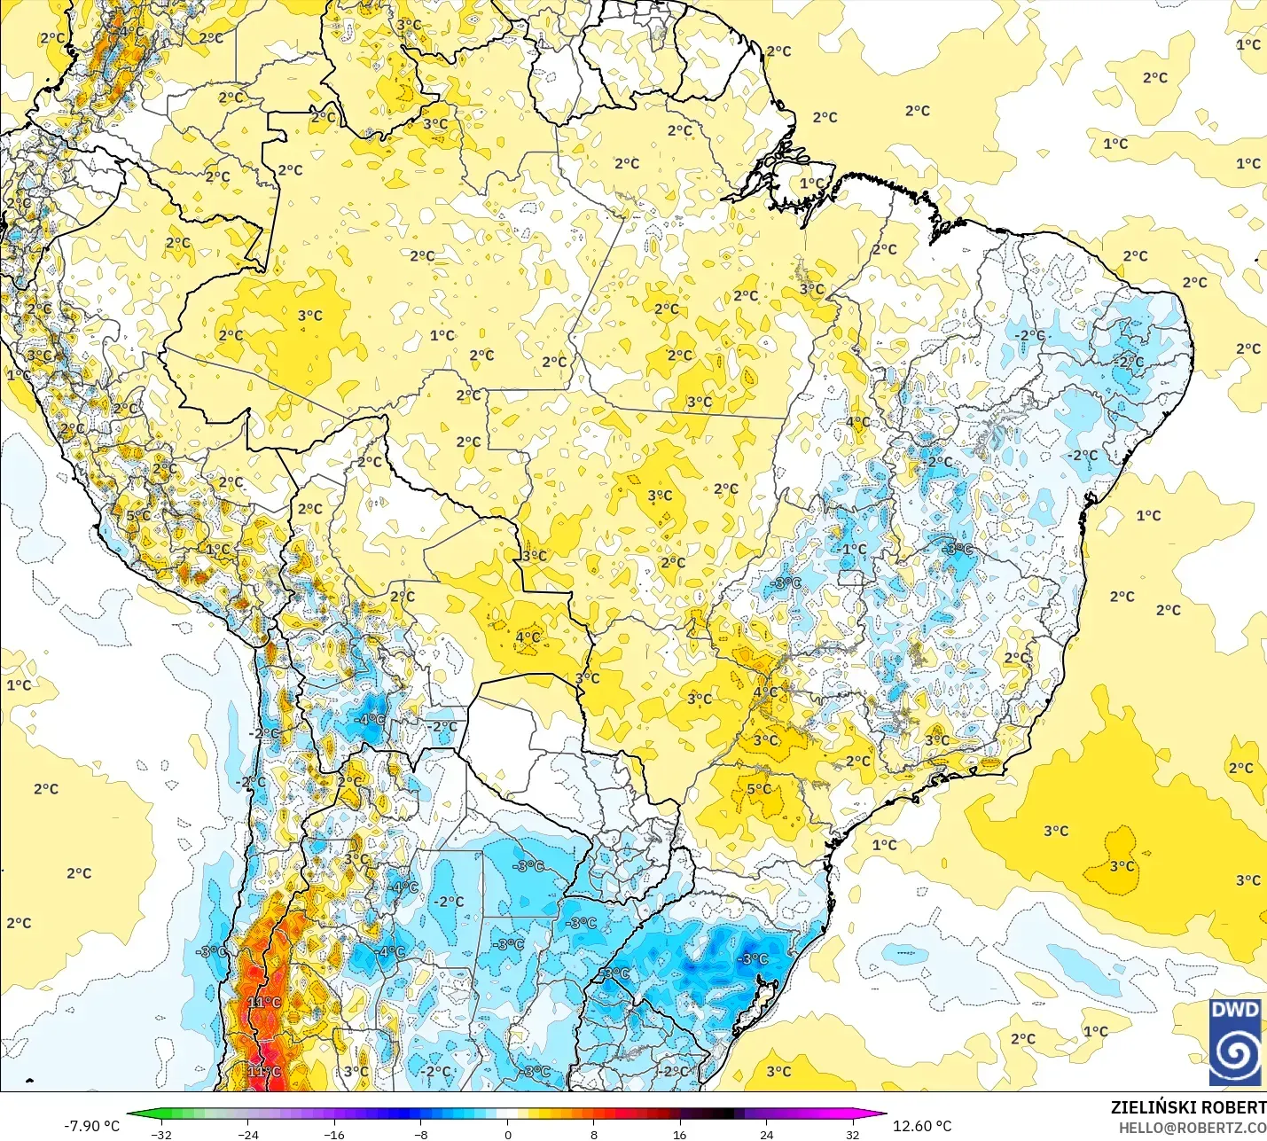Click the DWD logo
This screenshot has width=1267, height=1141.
pos(1235,1042)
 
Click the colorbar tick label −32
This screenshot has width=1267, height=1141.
pos(160,1134)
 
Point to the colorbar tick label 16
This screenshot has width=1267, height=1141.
pos(679,1134)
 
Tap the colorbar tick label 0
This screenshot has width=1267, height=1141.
pos(507,1134)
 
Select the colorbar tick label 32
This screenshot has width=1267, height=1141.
pos(852,1134)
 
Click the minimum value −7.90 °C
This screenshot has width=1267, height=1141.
pos(91,1126)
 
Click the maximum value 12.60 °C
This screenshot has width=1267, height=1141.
pos(922,1126)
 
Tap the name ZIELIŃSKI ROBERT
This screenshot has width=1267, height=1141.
pos(1188,1107)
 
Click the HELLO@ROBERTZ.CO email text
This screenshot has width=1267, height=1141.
pos(1192,1128)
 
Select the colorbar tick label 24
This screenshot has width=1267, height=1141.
pos(766,1134)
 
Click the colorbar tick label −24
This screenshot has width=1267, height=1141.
pos(247,1134)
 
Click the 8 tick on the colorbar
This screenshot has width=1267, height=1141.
pos(593,1134)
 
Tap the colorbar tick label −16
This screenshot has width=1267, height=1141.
pos(333,1134)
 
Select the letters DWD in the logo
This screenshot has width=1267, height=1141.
pos(1235,1010)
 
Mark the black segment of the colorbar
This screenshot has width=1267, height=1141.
pos(723,1114)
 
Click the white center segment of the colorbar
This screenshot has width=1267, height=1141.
pos(507,1114)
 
